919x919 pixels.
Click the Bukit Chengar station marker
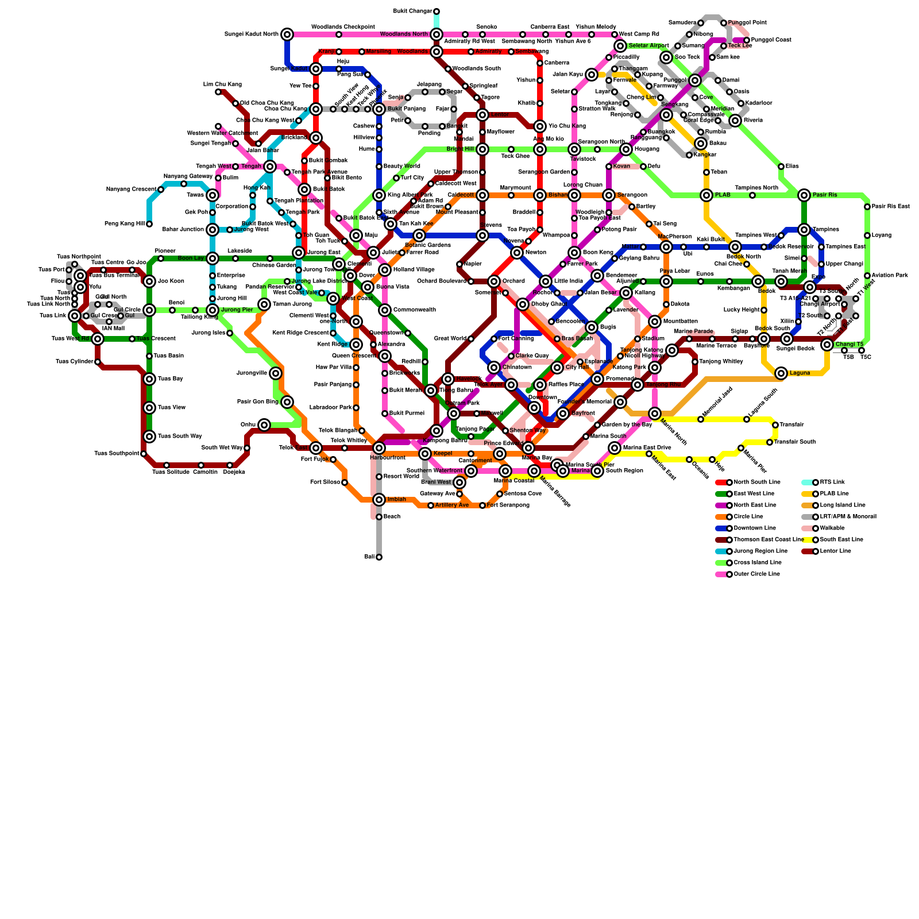tap(437, 11)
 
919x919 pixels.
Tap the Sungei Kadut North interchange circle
tap(287, 34)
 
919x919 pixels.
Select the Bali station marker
tap(379, 557)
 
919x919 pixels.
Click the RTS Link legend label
tap(832, 482)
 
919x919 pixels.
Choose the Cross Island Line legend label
tap(758, 563)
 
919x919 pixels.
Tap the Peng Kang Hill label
tap(124, 224)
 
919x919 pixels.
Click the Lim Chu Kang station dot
tap(218, 92)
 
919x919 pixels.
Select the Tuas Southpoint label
tap(117, 454)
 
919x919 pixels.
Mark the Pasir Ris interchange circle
tap(804, 195)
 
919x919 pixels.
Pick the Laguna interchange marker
tap(781, 373)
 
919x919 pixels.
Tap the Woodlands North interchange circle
tap(437, 34)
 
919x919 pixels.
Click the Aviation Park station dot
tap(867, 276)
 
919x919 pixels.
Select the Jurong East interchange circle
tap(299, 253)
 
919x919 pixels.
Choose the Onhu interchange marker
tap(264, 425)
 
